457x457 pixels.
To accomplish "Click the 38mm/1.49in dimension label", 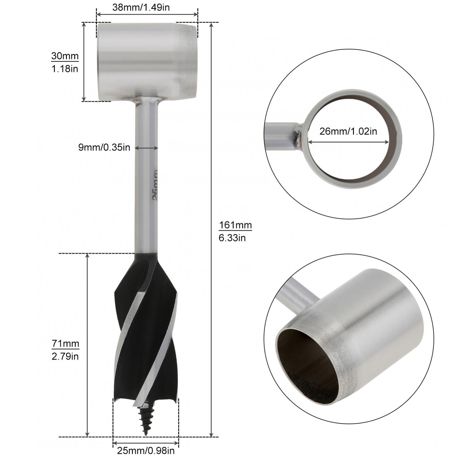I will coord(141,7).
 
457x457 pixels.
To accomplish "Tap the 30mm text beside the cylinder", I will coord(65,56).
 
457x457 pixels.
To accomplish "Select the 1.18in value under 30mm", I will coord(65,69).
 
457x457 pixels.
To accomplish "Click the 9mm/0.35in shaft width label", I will coord(104,147).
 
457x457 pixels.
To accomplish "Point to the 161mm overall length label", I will coord(235,225).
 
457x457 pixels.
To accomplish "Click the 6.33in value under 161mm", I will coord(232,238).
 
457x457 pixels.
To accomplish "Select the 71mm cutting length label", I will coord(65,344).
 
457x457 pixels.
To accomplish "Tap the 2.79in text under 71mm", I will coord(65,356).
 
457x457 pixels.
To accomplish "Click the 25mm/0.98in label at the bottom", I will coord(146,451).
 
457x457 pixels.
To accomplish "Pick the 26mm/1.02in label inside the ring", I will coord(348,131).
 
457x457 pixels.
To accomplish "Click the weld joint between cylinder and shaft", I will coord(146,100).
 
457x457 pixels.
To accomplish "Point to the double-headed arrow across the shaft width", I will coord(146,148).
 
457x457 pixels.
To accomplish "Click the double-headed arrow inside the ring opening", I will coord(348,142).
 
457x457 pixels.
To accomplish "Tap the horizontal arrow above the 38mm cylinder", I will coord(147,14).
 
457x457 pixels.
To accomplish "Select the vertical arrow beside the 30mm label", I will coord(84,61).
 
